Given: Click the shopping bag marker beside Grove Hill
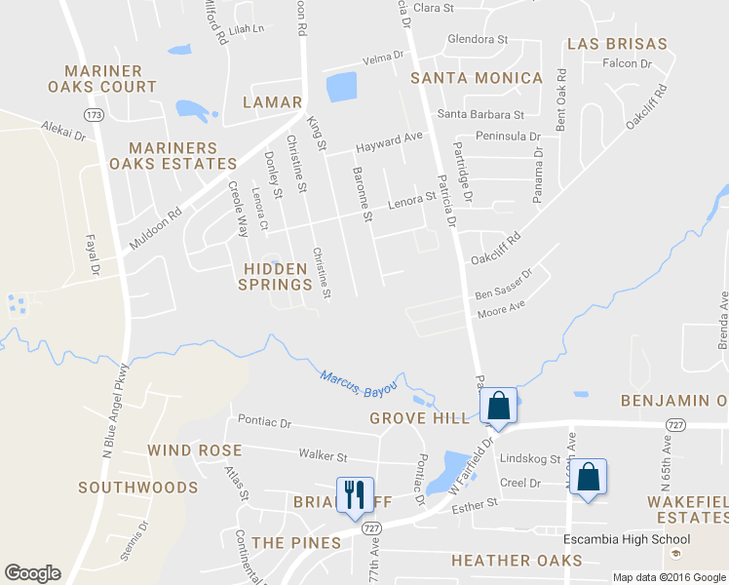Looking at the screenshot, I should (498, 405).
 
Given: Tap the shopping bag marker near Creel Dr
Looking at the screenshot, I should (588, 478).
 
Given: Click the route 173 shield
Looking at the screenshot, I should (94, 115).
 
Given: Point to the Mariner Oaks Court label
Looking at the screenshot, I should (110, 79).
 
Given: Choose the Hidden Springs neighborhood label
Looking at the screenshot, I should (278, 275).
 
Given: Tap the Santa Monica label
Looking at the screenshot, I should (477, 77).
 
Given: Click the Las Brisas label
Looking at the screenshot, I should (617, 44).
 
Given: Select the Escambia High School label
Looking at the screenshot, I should (627, 539).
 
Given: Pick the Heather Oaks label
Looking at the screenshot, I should (517, 561).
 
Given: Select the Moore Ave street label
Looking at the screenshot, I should (501, 310).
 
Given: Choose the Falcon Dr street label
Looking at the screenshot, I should (627, 63).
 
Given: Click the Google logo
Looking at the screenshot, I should (32, 572).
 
